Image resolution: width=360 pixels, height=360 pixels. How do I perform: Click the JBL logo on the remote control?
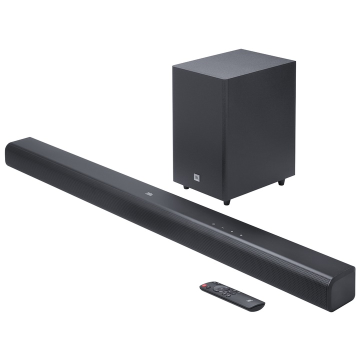point(249,299)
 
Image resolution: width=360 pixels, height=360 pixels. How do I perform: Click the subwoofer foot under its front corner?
point(226,201)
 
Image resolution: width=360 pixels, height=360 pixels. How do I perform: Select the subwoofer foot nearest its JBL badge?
point(186,187)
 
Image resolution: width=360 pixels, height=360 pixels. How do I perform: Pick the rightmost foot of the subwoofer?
point(281,183)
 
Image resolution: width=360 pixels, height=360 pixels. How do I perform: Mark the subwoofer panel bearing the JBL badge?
point(198,130)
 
